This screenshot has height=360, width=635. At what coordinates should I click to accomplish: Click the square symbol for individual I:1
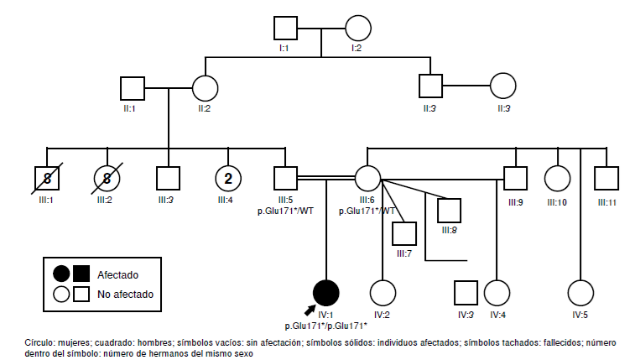click(x=286, y=29)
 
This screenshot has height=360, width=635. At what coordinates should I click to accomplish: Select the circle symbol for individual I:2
click(x=357, y=29)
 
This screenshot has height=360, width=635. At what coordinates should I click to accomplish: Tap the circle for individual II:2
click(x=205, y=87)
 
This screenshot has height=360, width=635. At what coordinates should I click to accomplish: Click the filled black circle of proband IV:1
click(x=325, y=292)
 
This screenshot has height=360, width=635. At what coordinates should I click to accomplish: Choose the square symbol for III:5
click(x=285, y=178)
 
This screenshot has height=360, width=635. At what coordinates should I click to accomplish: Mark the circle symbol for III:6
click(x=367, y=178)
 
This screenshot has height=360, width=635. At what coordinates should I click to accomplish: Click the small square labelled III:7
click(x=405, y=234)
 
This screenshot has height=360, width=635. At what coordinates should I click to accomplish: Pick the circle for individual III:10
click(x=557, y=178)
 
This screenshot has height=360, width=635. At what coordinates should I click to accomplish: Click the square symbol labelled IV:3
click(x=465, y=292)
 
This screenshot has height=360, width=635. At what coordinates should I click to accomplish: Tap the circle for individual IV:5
click(x=579, y=292)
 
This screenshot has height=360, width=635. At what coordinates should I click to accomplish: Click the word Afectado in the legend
click(x=117, y=274)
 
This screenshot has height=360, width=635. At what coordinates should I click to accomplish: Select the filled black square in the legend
click(x=82, y=274)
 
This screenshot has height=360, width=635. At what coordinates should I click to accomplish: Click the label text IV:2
click(x=382, y=315)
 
